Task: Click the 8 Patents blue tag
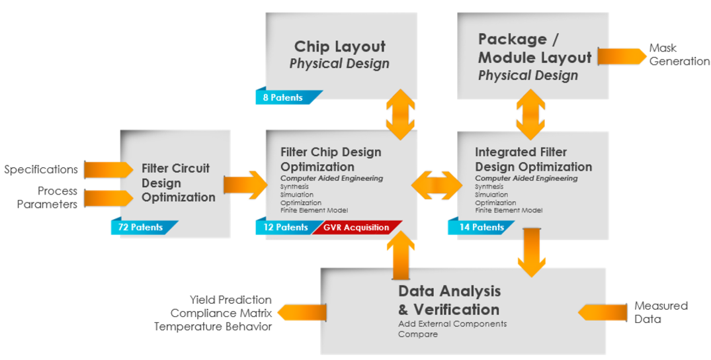click(283, 97)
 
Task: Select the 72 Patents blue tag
click(140, 227)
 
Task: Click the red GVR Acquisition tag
click(356, 227)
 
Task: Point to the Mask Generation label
click(679, 55)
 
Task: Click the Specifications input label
click(41, 169)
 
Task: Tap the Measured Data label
click(661, 312)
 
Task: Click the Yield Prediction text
click(230, 300)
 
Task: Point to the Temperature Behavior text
click(213, 326)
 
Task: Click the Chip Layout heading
click(339, 47)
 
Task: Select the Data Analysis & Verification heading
click(449, 300)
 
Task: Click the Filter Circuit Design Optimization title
click(179, 182)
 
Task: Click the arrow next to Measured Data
click(603, 312)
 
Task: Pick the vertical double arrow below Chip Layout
click(400, 114)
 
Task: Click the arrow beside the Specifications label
click(108, 170)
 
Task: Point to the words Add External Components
click(452, 324)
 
